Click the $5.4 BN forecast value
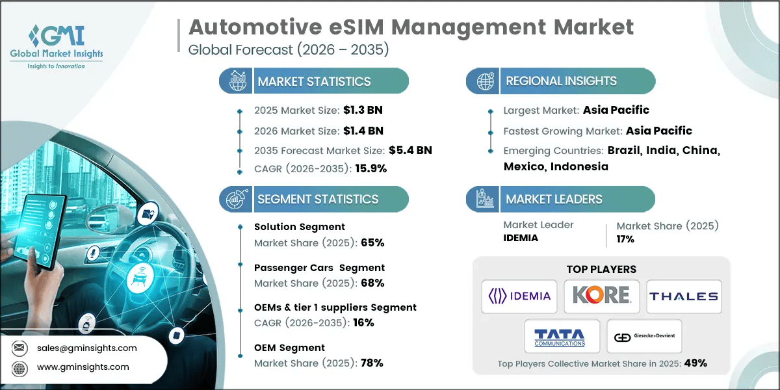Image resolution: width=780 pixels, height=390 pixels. pos(410,150)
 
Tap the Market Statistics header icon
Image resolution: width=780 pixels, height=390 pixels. pos(235,81)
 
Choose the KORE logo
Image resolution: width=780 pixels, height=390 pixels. pos(601,296)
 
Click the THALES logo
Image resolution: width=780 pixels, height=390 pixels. pos(683,296)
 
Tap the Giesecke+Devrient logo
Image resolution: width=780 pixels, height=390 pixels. pos(643,337)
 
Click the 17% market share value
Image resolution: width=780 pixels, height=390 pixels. pos(625,239)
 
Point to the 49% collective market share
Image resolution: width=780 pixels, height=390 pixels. pos(694,363)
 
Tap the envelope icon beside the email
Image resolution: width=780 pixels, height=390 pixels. pos(21,348)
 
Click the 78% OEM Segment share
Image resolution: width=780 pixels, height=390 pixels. pos(373,363)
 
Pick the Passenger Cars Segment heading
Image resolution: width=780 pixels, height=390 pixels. pos(319,267)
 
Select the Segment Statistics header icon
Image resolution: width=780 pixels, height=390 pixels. pos(235,200)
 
